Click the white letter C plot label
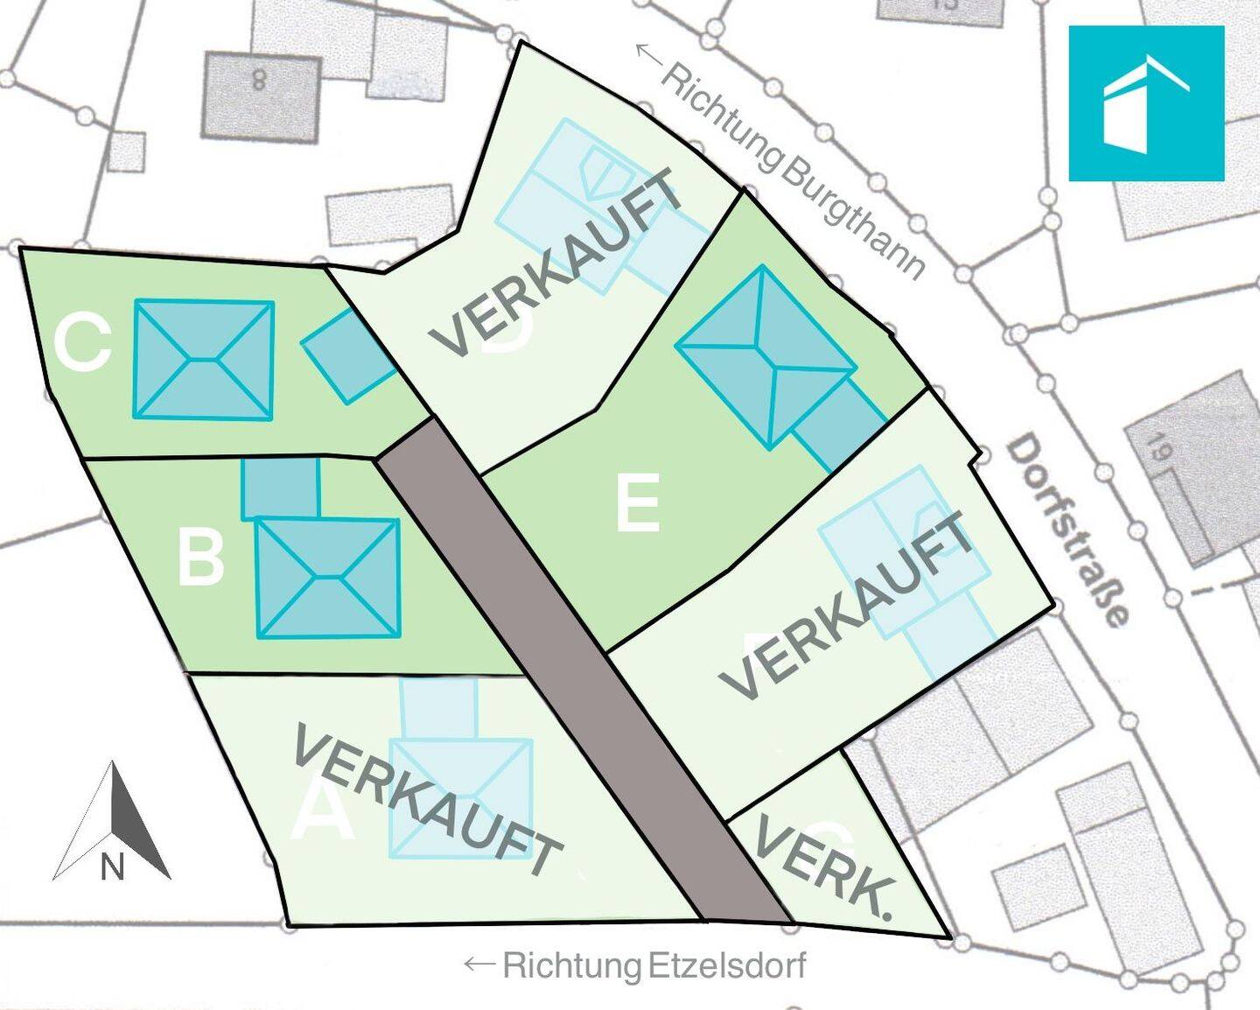click(82, 343)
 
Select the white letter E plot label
click(637, 503)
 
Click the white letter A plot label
click(322, 814)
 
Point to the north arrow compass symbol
click(112, 823)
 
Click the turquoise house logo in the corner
click(1145, 103)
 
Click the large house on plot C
click(203, 360)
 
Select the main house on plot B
click(327, 578)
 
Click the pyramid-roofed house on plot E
click(764, 356)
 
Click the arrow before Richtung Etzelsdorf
click(480, 964)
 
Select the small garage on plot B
click(280, 487)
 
